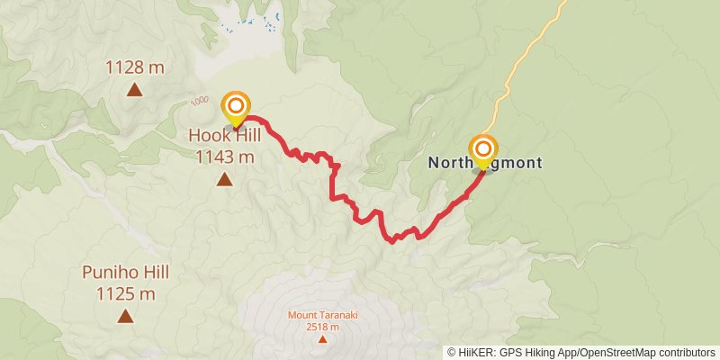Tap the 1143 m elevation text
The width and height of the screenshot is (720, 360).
click(x=223, y=157)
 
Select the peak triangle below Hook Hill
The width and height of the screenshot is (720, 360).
click(x=223, y=179)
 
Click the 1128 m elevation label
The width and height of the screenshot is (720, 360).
click(x=134, y=67)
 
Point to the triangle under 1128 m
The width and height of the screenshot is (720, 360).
click(x=134, y=88)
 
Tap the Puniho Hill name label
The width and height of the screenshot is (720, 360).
click(x=125, y=272)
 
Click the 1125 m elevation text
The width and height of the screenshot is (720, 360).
click(x=125, y=292)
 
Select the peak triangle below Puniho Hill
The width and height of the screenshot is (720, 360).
click(x=125, y=315)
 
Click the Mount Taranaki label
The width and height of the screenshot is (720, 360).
click(x=322, y=315)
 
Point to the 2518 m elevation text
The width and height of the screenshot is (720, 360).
click(x=322, y=326)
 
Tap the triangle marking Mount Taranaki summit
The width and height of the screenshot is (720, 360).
click(x=322, y=338)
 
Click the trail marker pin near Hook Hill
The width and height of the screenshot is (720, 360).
click(x=236, y=107)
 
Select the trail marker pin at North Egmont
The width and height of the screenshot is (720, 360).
click(x=483, y=149)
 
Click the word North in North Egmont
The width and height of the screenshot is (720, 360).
click(x=447, y=163)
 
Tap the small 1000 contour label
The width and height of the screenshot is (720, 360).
click(x=199, y=101)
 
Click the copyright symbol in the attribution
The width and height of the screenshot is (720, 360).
click(x=452, y=353)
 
